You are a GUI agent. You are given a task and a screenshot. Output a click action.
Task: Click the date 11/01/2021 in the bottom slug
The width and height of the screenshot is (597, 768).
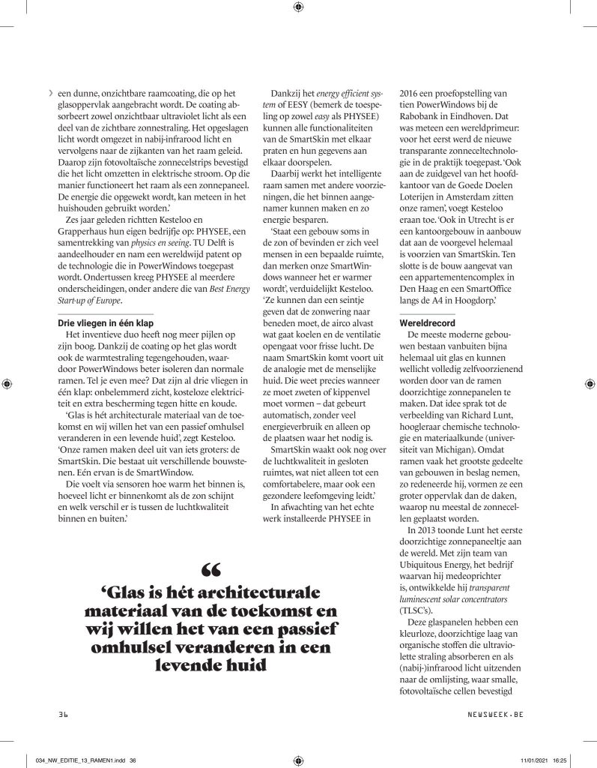[533, 760]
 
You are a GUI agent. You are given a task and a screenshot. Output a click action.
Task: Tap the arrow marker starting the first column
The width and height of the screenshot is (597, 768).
[50, 93]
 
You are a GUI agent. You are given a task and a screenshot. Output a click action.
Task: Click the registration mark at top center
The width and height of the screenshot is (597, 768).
[298, 7]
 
